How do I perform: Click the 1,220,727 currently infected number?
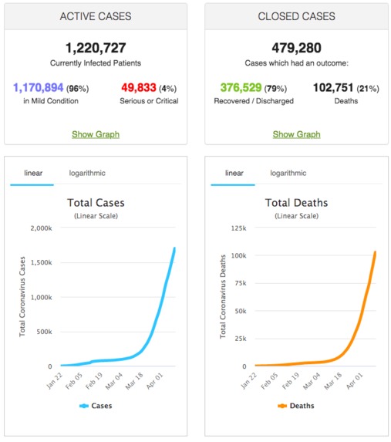(96, 47)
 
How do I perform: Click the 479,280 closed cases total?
(296, 47)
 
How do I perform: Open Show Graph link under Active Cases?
(96, 134)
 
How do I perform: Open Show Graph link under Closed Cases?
(296, 134)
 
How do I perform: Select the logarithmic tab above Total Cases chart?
(87, 173)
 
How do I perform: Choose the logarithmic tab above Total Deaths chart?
(288, 173)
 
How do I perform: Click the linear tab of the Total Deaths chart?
(234, 173)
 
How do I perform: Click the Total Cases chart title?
(96, 203)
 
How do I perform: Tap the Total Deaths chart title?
(296, 203)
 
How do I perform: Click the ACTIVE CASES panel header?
(96, 16)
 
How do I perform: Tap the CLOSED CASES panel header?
(296, 16)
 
